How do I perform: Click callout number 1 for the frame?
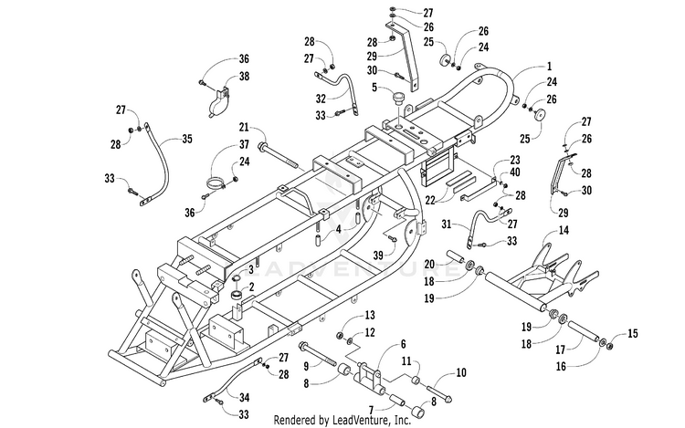pyautogui.click(x=549, y=67)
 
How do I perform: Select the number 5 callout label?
pyautogui.click(x=374, y=88)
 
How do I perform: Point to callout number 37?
pyautogui.click(x=243, y=144)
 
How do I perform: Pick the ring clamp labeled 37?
pyautogui.click(x=215, y=183)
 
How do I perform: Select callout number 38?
pyautogui.click(x=244, y=76)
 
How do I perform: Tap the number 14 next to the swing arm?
pyautogui.click(x=564, y=229)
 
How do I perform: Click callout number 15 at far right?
pyautogui.click(x=633, y=333)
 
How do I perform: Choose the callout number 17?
pyautogui.click(x=560, y=350)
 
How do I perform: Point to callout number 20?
pyautogui.click(x=429, y=264)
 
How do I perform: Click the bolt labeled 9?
pyautogui.click(x=317, y=353)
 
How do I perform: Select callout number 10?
pyautogui.click(x=461, y=372)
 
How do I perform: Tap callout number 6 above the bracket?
pyautogui.click(x=403, y=344)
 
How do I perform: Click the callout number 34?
pyautogui.click(x=244, y=397)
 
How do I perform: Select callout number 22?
pyautogui.click(x=430, y=200)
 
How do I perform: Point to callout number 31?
pyautogui.click(x=447, y=224)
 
